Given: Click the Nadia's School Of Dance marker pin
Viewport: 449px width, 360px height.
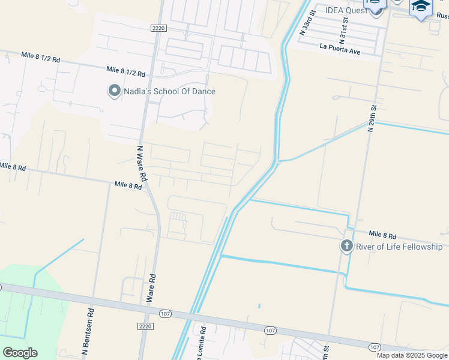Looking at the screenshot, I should [x=114, y=91].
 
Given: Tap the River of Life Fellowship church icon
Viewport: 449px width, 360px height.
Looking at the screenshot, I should [x=346, y=247].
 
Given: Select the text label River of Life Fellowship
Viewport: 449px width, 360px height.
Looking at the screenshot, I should [x=399, y=247].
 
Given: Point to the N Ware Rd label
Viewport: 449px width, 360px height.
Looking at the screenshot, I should [x=142, y=163].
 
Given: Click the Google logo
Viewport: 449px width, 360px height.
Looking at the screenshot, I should [x=20, y=353].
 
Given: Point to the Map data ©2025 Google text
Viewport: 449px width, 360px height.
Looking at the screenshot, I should [x=412, y=355].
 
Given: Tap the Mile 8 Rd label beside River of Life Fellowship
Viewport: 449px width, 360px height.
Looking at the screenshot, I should [x=382, y=234].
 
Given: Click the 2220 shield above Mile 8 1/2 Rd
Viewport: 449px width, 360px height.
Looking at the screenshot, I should [x=158, y=28].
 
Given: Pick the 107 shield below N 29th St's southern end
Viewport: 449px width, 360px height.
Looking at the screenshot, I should [x=375, y=347].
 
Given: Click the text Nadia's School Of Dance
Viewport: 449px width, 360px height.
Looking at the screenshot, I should [x=169, y=91].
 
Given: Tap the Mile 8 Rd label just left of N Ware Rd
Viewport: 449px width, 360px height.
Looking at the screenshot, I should [x=128, y=186].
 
